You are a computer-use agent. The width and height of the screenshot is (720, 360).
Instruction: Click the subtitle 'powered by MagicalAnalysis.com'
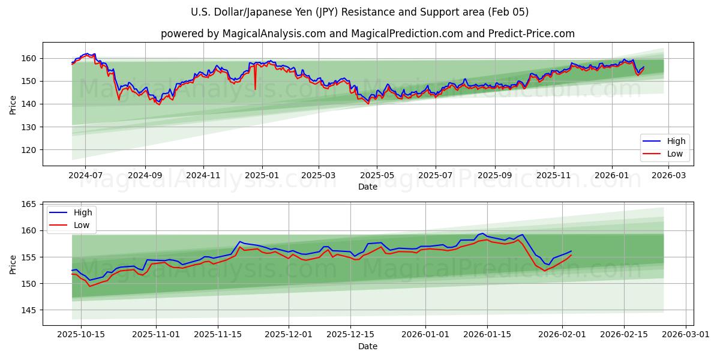tap(367, 34)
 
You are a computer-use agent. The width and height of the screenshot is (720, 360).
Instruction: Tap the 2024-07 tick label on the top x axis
tap(85, 175)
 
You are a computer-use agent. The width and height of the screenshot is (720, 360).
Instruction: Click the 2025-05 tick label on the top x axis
tap(377, 175)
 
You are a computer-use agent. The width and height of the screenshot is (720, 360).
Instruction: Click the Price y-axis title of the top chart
tap(13, 104)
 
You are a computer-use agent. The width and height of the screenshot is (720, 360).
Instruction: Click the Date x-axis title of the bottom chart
tap(367, 346)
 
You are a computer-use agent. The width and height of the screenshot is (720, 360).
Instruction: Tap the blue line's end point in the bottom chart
tap(571, 251)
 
